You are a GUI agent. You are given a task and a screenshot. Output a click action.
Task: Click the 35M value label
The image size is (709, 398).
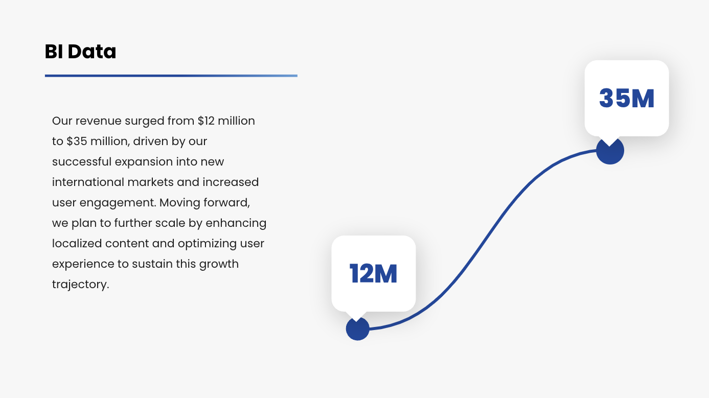[627, 99]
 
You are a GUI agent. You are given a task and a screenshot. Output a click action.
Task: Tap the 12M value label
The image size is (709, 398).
[373, 274]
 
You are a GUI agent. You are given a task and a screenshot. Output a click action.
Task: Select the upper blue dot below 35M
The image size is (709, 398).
[610, 151]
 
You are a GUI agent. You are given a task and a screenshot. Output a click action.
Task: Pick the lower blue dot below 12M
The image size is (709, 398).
[358, 329]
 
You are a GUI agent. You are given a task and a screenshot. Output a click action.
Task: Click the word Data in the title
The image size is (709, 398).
[92, 52]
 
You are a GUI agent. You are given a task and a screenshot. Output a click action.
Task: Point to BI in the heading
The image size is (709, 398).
[54, 52]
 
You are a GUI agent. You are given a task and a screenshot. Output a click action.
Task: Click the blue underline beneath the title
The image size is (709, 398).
[171, 76]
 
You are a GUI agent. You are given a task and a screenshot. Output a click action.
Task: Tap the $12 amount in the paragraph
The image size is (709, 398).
[206, 121]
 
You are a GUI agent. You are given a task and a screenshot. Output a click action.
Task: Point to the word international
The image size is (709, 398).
[88, 182]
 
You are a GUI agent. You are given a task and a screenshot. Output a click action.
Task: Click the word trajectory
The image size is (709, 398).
[81, 285]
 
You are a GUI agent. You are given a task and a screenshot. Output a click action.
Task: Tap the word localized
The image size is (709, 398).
[77, 244]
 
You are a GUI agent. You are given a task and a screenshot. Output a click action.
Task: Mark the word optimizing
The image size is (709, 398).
[207, 244]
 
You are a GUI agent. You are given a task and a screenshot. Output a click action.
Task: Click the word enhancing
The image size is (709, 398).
[236, 223]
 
